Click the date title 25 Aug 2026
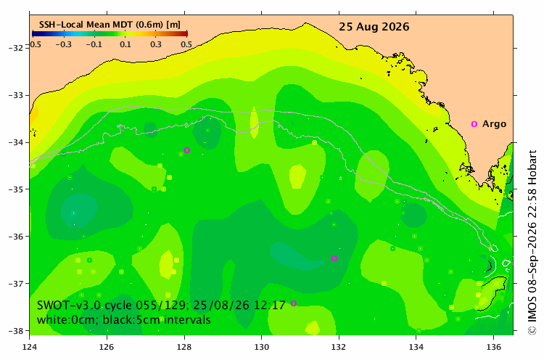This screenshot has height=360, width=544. click(x=374, y=27)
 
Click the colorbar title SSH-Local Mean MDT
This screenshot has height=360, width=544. click(x=86, y=24)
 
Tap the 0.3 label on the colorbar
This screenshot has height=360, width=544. click(x=156, y=44)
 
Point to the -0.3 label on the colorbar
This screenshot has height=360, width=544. click(x=64, y=44)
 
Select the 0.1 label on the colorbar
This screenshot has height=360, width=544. click(x=125, y=44)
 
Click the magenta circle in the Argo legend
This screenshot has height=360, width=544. click(x=474, y=124)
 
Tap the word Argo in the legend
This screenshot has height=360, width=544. click(x=494, y=124)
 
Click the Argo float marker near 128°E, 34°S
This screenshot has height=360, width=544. click(x=187, y=150)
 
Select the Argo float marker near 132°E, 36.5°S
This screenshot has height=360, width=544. click(x=334, y=258)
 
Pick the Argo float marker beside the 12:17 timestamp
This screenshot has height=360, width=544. click(x=294, y=303)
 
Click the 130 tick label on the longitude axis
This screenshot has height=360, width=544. click(x=261, y=347)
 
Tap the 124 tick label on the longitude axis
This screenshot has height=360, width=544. click(x=30, y=347)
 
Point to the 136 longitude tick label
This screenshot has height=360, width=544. click(x=493, y=347)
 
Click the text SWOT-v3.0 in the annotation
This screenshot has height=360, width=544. click(x=69, y=305)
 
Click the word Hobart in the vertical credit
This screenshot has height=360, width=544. click(x=532, y=165)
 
